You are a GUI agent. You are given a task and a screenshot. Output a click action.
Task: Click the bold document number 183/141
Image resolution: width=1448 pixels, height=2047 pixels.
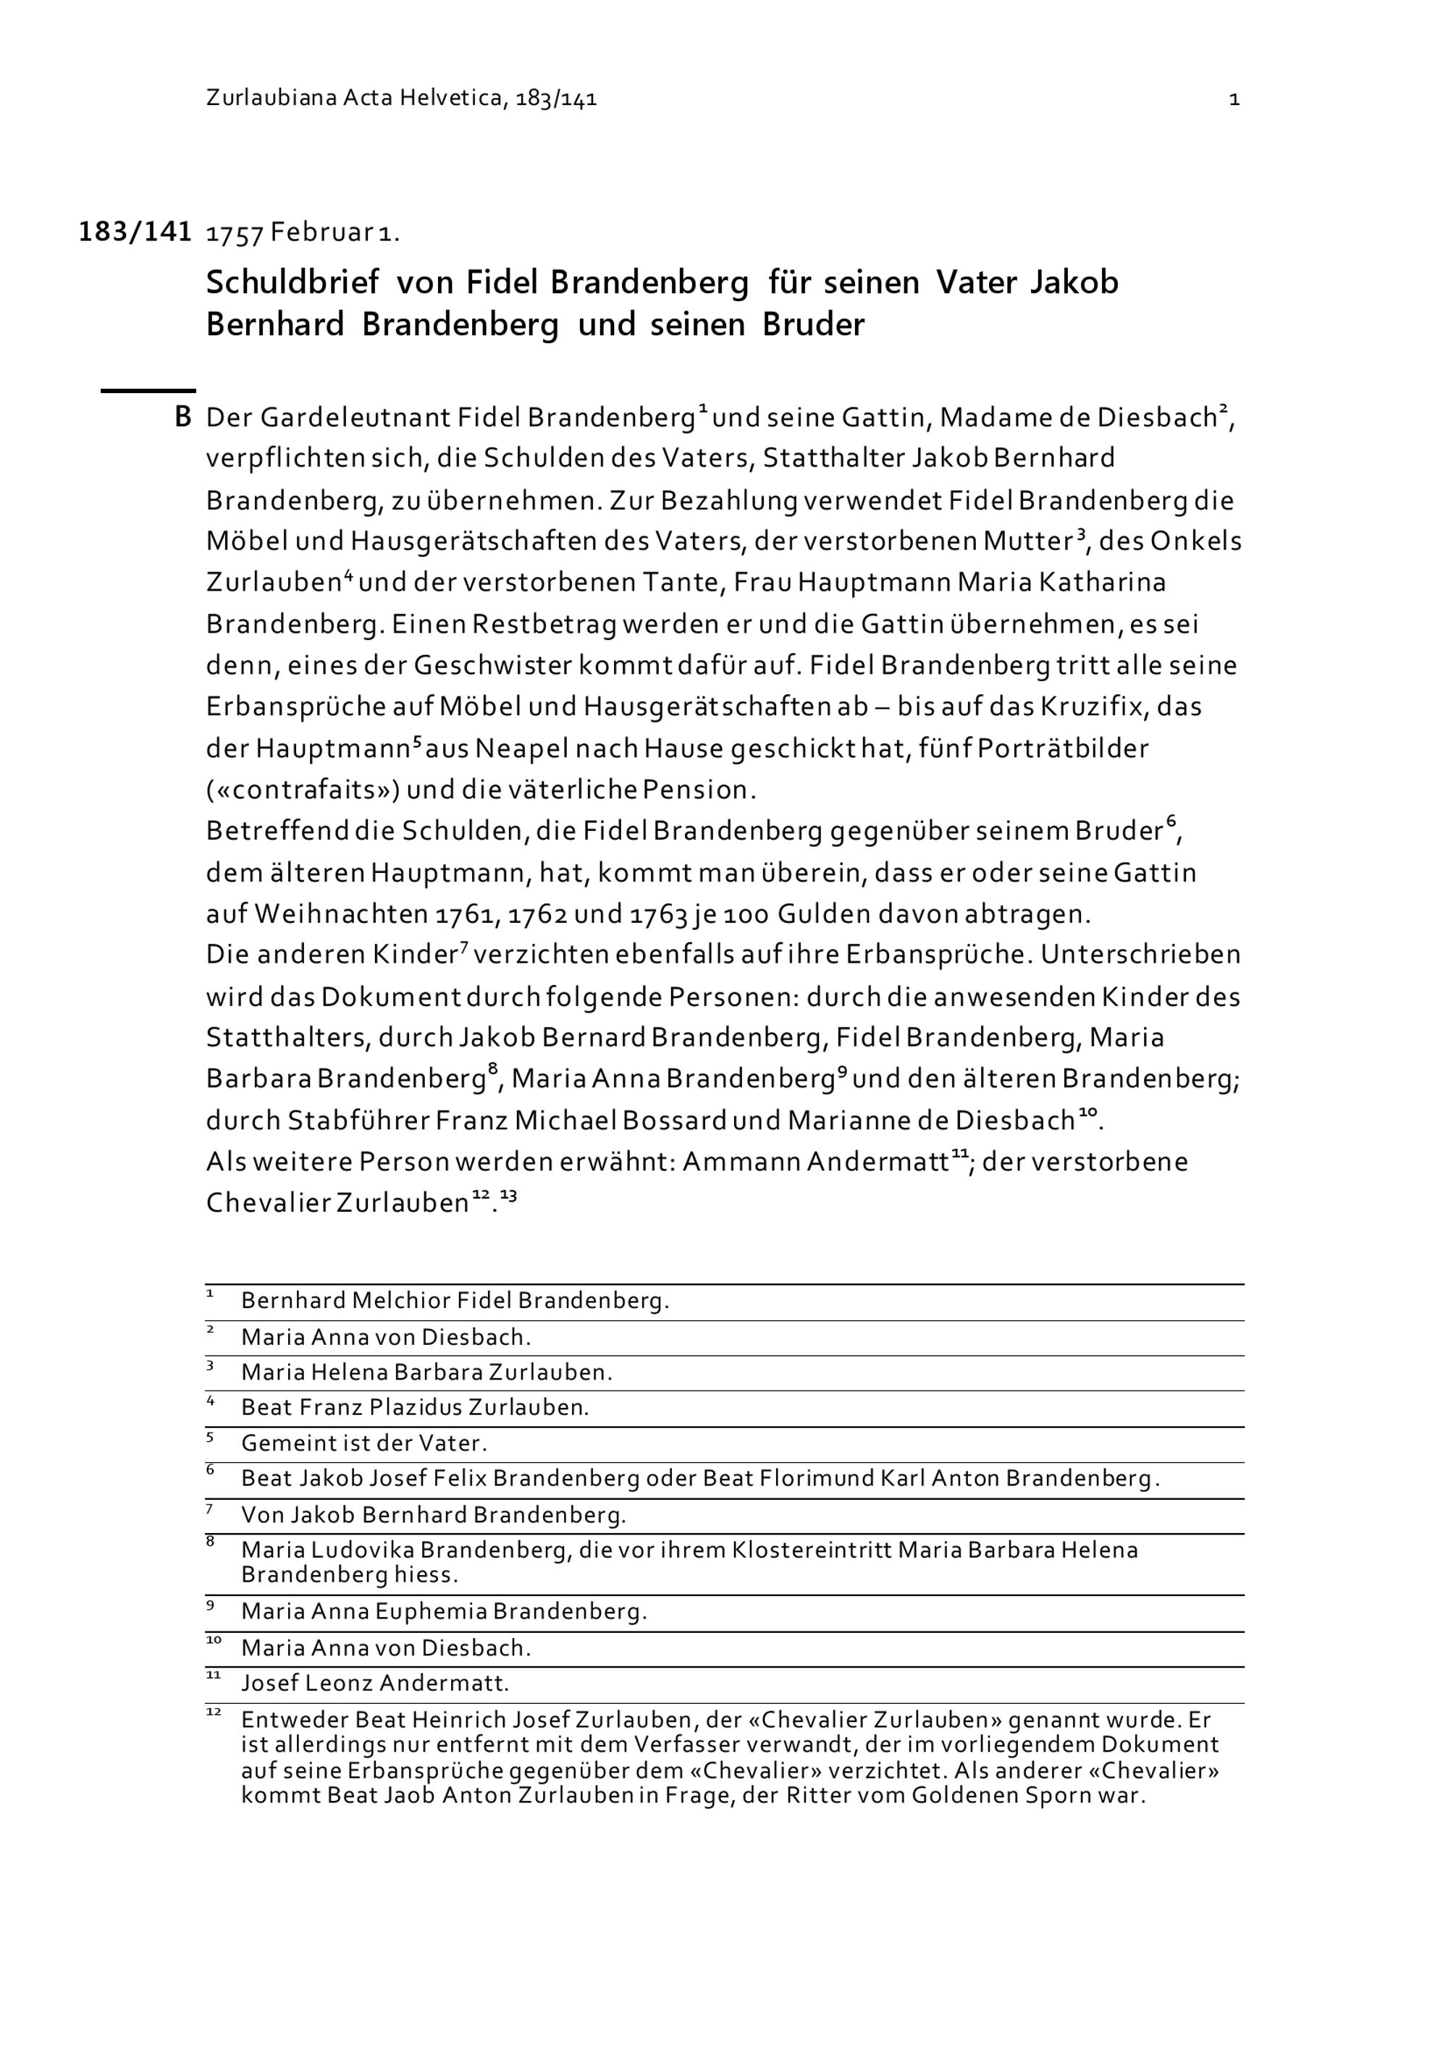tap(135, 232)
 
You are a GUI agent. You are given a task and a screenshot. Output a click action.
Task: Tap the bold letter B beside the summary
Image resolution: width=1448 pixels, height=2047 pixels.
tap(182, 417)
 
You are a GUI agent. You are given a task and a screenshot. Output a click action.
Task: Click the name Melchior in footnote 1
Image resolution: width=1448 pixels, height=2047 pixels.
tap(401, 1301)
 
